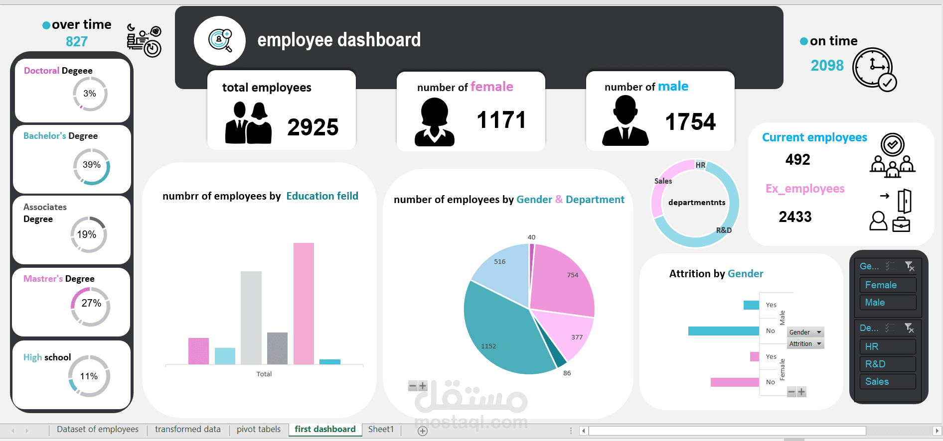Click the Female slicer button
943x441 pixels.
tap(887, 285)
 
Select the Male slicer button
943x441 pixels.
tap(887, 303)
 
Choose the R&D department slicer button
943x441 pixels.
tap(887, 364)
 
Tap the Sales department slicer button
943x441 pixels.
tap(887, 382)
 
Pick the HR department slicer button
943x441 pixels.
tap(887, 346)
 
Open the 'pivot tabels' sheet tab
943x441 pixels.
tap(259, 430)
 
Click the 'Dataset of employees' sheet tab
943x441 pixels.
tap(98, 430)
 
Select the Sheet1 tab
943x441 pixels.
tap(381, 430)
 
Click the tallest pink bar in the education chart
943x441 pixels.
tap(304, 304)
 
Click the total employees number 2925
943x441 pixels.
tap(313, 127)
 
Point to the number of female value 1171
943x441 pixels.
tap(501, 120)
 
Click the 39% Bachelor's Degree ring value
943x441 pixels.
tap(92, 165)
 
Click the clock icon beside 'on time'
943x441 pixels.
tap(873, 69)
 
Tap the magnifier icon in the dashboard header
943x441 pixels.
tap(220, 40)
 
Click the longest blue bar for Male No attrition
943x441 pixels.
tap(723, 331)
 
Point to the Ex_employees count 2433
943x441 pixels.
tap(795, 217)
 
